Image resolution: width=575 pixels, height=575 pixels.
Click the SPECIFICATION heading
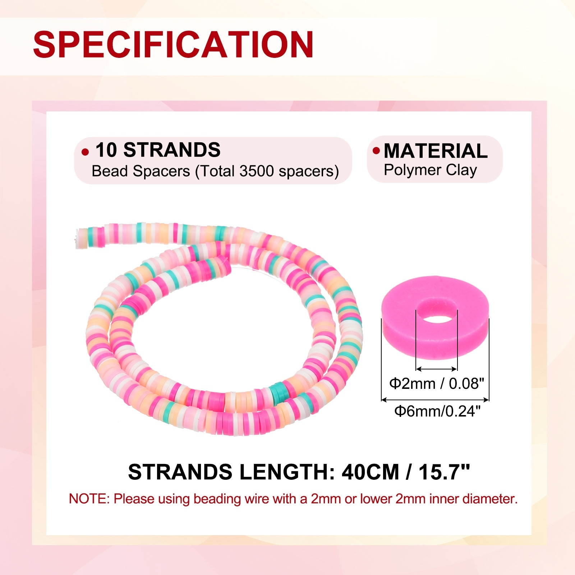click(x=173, y=44)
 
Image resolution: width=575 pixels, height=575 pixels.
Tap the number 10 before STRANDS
click(x=106, y=150)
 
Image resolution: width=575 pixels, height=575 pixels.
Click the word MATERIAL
click(x=436, y=151)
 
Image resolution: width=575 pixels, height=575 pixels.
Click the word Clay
click(x=462, y=170)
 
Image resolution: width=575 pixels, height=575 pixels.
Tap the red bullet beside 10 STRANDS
click(x=85, y=152)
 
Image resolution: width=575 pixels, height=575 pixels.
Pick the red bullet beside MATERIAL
click(x=376, y=150)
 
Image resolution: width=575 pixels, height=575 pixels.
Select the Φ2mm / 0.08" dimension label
click(x=437, y=384)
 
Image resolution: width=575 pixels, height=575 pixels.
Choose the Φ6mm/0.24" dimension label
click(x=437, y=411)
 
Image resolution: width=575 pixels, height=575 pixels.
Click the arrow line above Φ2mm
click(x=436, y=369)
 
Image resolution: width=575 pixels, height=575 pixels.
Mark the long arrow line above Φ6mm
click(x=435, y=399)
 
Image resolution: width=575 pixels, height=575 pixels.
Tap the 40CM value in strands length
click(x=371, y=472)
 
